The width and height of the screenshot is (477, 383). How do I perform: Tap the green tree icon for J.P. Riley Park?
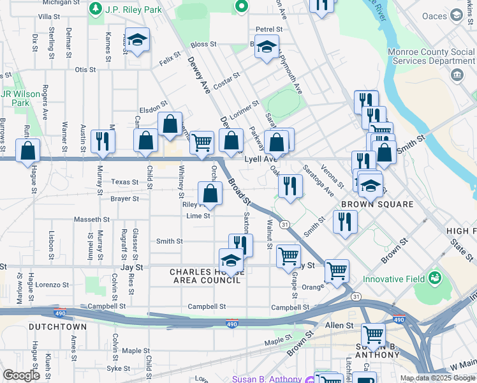[95, 8]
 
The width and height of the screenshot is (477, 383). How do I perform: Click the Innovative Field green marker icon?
[435, 278]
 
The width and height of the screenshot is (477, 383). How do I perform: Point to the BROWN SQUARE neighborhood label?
[377, 204]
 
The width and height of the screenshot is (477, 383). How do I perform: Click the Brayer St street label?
[124, 199]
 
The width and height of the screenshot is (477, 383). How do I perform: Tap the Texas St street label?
[125, 182]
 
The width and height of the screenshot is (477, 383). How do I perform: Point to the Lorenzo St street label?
[52, 285]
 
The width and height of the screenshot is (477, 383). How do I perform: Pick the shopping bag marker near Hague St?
[27, 151]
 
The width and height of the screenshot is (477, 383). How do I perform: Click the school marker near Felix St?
[137, 40]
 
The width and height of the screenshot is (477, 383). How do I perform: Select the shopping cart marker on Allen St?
[373, 334]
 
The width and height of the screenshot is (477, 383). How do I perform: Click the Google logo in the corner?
[21, 375]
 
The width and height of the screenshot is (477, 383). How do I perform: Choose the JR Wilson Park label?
[20, 98]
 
